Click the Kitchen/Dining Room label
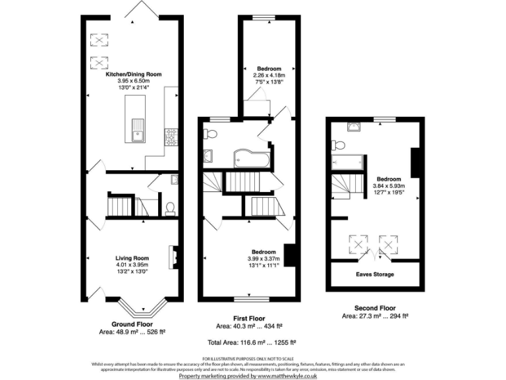pyautogui.click(x=134, y=75)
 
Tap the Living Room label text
pyautogui.click(x=132, y=258)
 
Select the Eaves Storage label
pyautogui.click(x=375, y=274)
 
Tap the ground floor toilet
pyautogui.click(x=170, y=208)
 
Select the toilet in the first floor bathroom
pyautogui.click(x=211, y=134)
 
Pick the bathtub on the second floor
pyautogui.click(x=348, y=160)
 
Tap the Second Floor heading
pyautogui.click(x=375, y=308)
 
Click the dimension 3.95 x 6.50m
pyautogui.click(x=134, y=81)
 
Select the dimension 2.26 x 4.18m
pyautogui.click(x=269, y=75)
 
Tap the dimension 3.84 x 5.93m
pyautogui.click(x=390, y=186)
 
